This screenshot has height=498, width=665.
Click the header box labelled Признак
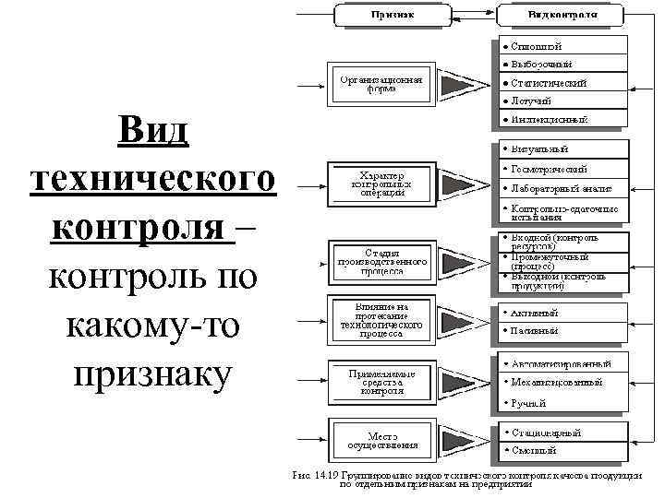click(392, 15)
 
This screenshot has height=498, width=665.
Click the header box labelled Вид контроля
click(562, 15)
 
